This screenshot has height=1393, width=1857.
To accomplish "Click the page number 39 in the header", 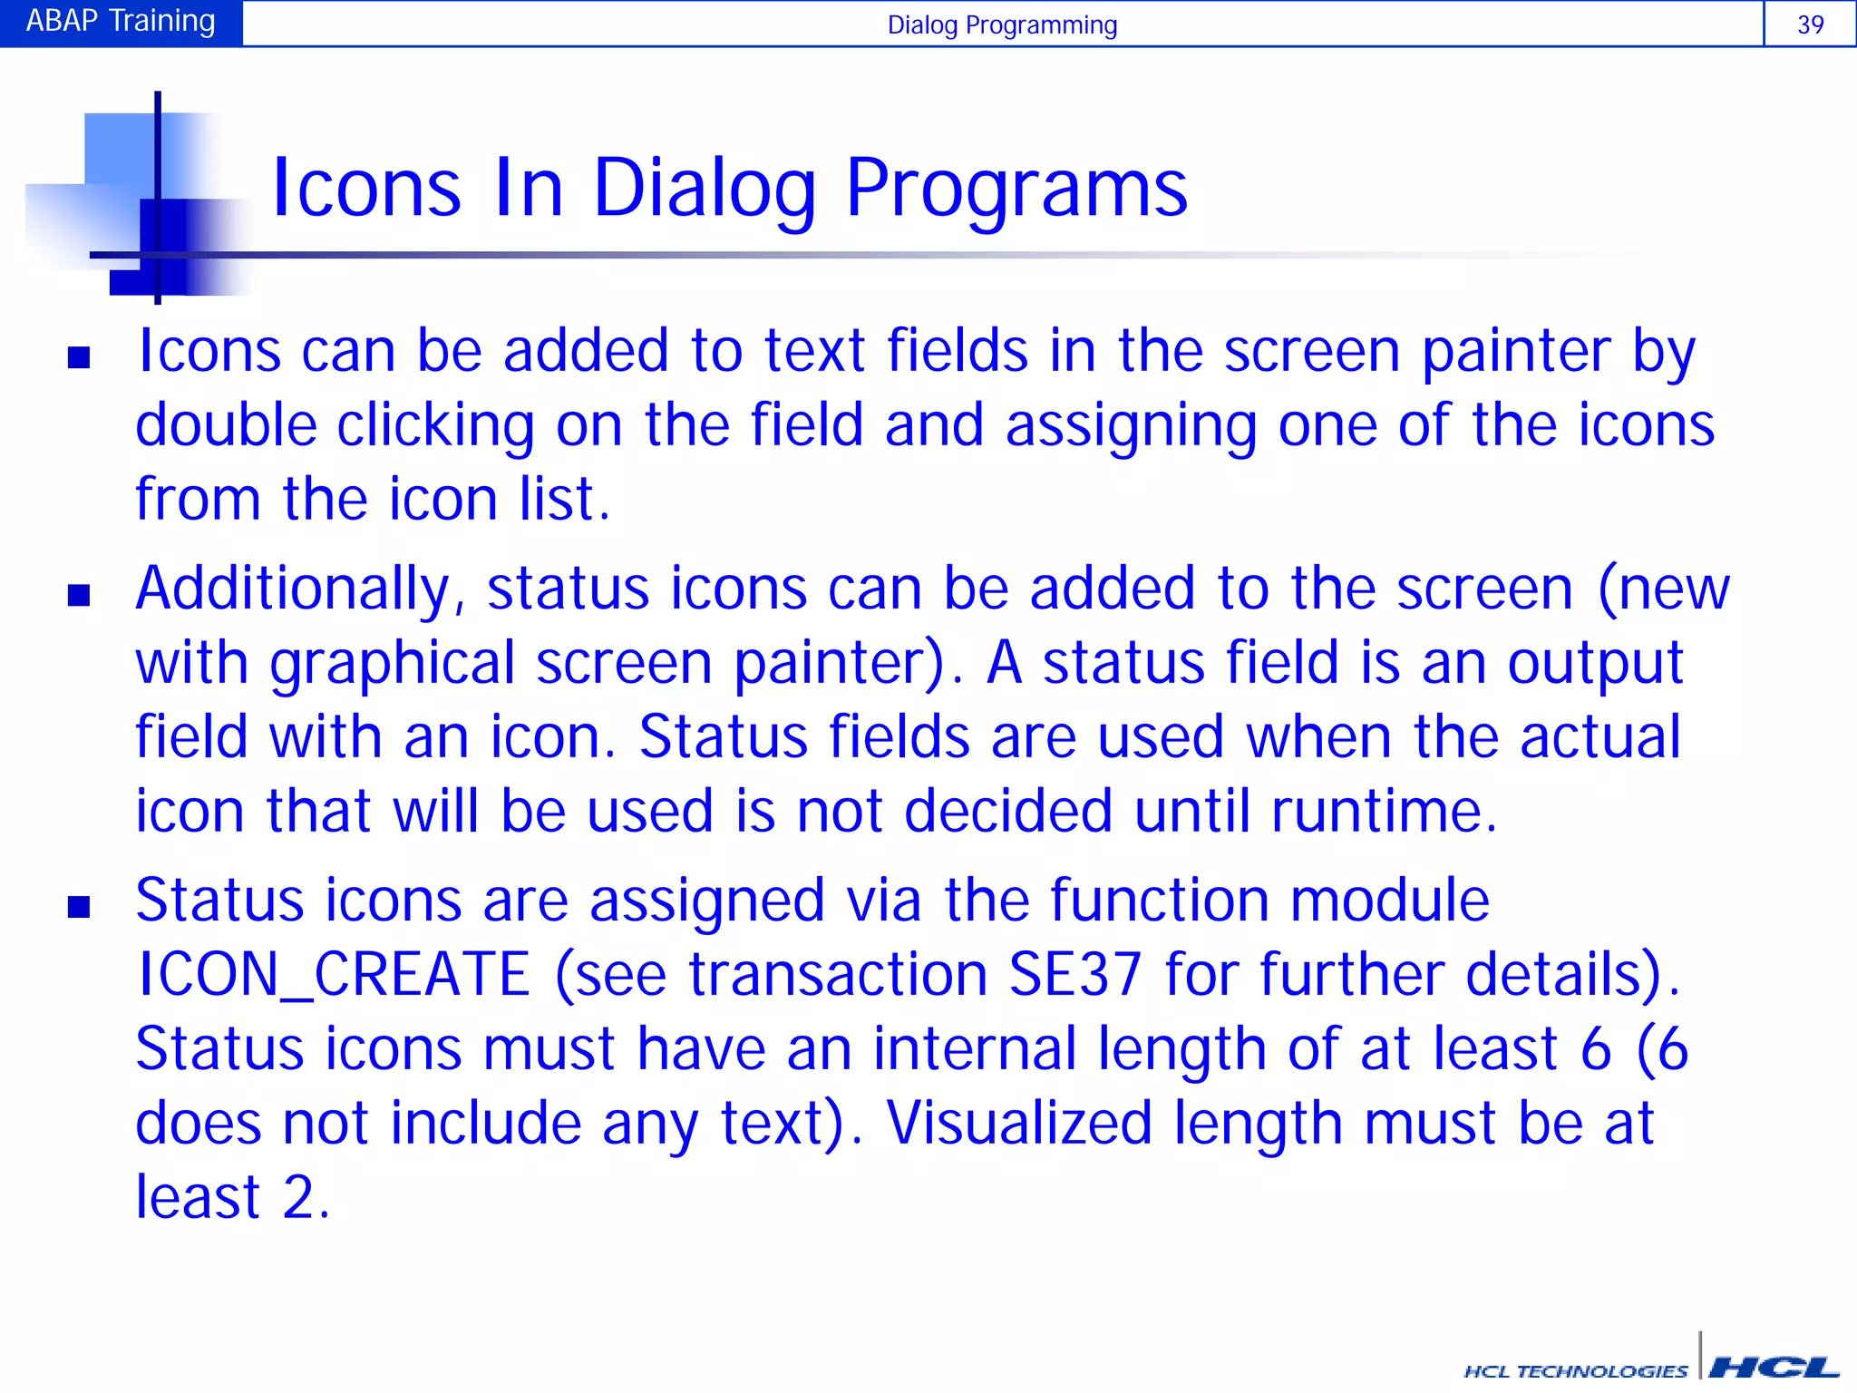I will point(1810,24).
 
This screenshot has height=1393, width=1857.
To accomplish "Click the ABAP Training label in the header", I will point(121,21).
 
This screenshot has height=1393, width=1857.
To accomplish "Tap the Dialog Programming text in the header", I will point(1002,24).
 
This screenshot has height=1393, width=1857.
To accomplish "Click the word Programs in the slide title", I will point(1016,190).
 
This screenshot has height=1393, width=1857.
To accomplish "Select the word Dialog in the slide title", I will point(705,190).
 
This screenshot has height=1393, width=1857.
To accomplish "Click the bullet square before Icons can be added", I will point(79,357).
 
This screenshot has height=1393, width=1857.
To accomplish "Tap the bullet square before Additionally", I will point(79,595).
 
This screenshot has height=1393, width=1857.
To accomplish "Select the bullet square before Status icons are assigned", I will point(79,907).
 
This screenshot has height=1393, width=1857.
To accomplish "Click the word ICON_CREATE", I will point(334,976).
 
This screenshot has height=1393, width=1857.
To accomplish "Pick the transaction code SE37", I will point(1075,976).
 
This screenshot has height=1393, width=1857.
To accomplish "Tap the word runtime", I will point(1382,810).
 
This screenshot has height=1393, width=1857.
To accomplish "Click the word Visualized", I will point(1018,1123).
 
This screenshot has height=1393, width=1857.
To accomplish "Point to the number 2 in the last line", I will point(298,1197).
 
